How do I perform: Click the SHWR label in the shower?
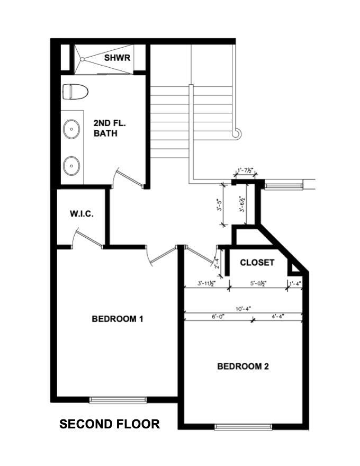tap(117, 57)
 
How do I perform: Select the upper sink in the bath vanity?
tap(71, 128)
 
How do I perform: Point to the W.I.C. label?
tap(82, 214)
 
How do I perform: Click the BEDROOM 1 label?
tap(118, 319)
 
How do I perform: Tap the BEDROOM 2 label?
tap(244, 366)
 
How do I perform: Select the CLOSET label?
tap(257, 263)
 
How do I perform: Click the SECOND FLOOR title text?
tap(110, 424)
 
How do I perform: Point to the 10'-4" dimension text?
tap(244, 308)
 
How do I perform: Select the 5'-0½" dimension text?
tap(258, 284)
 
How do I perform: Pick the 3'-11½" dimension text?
tap(205, 284)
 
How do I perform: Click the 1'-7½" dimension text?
tap(246, 171)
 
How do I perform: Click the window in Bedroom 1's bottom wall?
tap(118, 400)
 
